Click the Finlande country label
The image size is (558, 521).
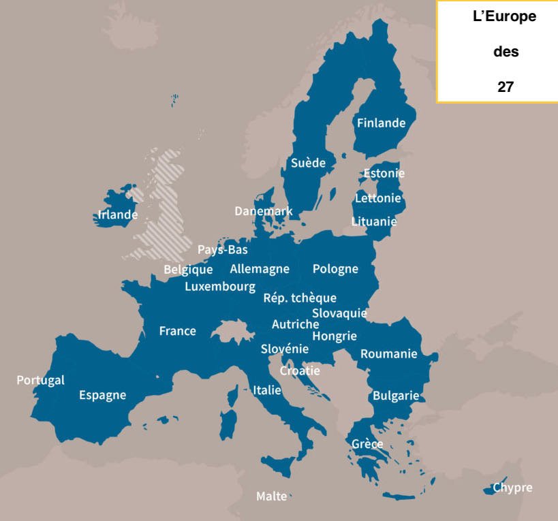click(x=381, y=123)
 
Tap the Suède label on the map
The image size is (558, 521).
click(x=308, y=163)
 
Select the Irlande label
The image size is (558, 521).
click(x=117, y=215)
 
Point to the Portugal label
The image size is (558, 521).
click(x=40, y=380)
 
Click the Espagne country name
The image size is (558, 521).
click(x=102, y=395)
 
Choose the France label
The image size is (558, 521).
click(x=177, y=331)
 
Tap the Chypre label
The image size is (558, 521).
click(x=512, y=488)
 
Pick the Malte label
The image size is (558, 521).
click(x=271, y=496)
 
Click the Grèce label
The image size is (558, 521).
click(x=367, y=444)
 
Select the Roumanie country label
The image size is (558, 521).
click(x=388, y=353)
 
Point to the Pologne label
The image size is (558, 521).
click(x=335, y=269)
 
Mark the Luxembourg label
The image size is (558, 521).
click(x=220, y=287)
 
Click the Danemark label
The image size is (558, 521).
click(x=263, y=211)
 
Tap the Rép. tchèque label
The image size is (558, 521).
click(x=300, y=298)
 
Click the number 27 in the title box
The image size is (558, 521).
click(x=505, y=86)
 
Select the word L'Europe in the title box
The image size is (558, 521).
click(x=504, y=17)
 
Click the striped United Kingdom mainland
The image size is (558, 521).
click(x=164, y=211)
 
